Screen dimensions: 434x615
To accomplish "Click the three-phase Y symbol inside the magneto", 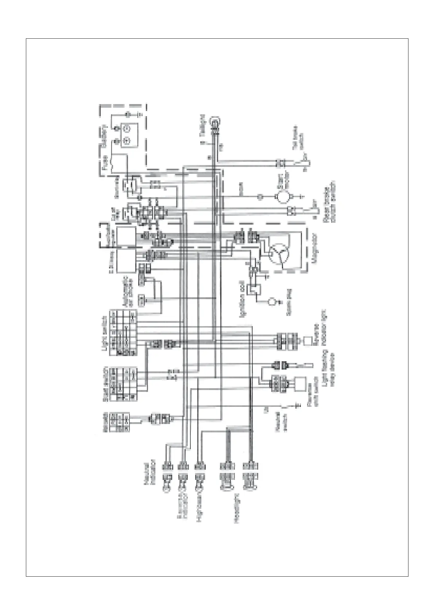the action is pos(279,252).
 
